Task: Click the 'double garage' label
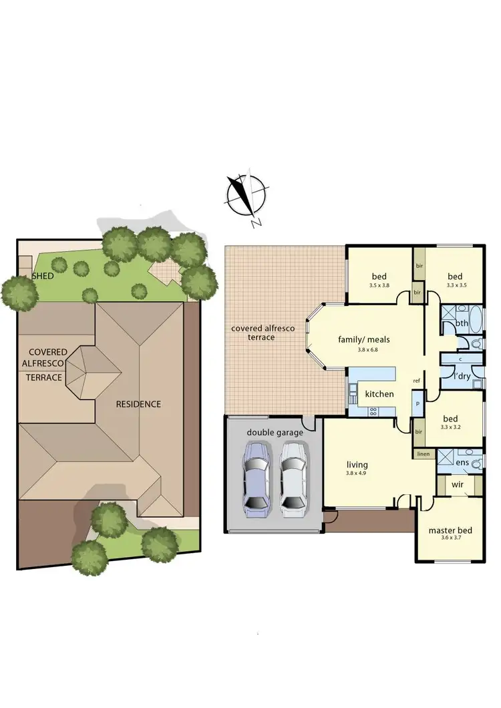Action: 275,433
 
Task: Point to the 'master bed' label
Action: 450,531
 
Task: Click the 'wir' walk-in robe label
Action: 458,484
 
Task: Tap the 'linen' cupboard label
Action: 423,454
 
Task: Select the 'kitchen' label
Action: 379,394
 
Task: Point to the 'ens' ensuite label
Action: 462,462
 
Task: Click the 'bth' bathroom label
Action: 462,323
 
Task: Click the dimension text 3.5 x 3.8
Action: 379,285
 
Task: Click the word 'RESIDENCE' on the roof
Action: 138,404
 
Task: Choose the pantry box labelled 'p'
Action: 417,404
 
